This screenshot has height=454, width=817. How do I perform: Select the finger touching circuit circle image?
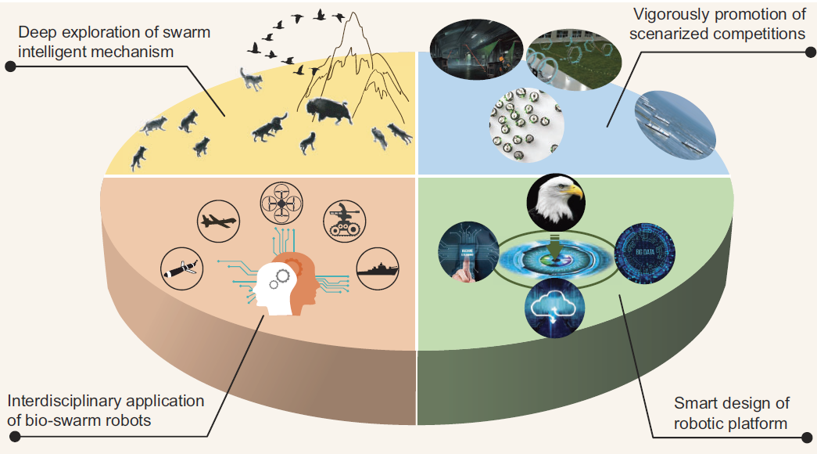(x=468, y=250)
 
